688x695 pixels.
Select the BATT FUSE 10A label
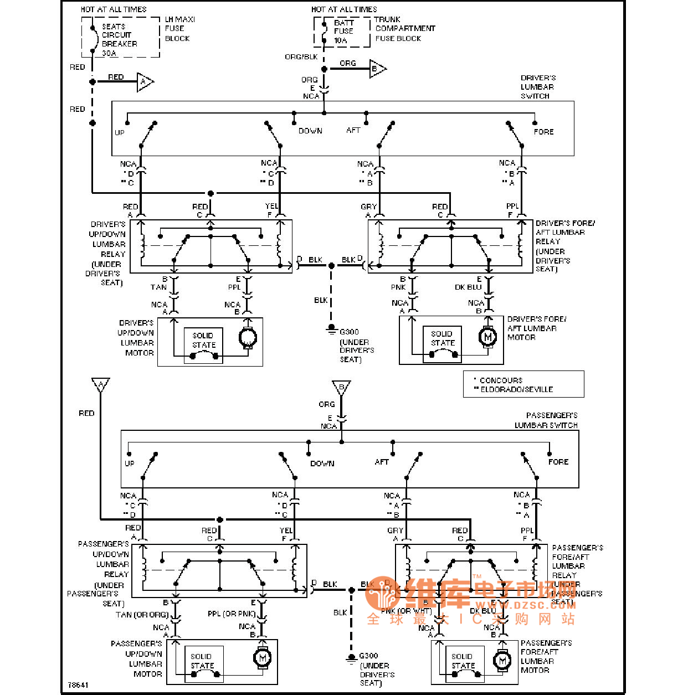[343, 32]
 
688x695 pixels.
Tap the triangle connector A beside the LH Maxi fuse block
[145, 82]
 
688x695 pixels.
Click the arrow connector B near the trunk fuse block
[377, 69]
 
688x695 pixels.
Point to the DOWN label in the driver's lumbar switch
[310, 131]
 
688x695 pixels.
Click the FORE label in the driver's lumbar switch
[543, 132]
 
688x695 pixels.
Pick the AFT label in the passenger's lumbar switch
[382, 462]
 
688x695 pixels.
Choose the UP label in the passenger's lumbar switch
[129, 464]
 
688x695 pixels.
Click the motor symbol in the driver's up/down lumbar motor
[247, 337]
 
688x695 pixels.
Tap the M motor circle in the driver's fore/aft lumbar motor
[487, 336]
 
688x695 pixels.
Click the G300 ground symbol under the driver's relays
[331, 330]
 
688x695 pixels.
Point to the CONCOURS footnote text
[501, 380]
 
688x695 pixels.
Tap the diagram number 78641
[78, 685]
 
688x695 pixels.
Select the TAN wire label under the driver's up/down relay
[158, 287]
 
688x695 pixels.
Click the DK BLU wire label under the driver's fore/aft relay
[468, 287]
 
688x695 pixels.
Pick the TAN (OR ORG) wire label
[142, 615]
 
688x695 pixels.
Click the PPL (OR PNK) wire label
[232, 614]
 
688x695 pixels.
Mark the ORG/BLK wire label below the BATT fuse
[301, 57]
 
